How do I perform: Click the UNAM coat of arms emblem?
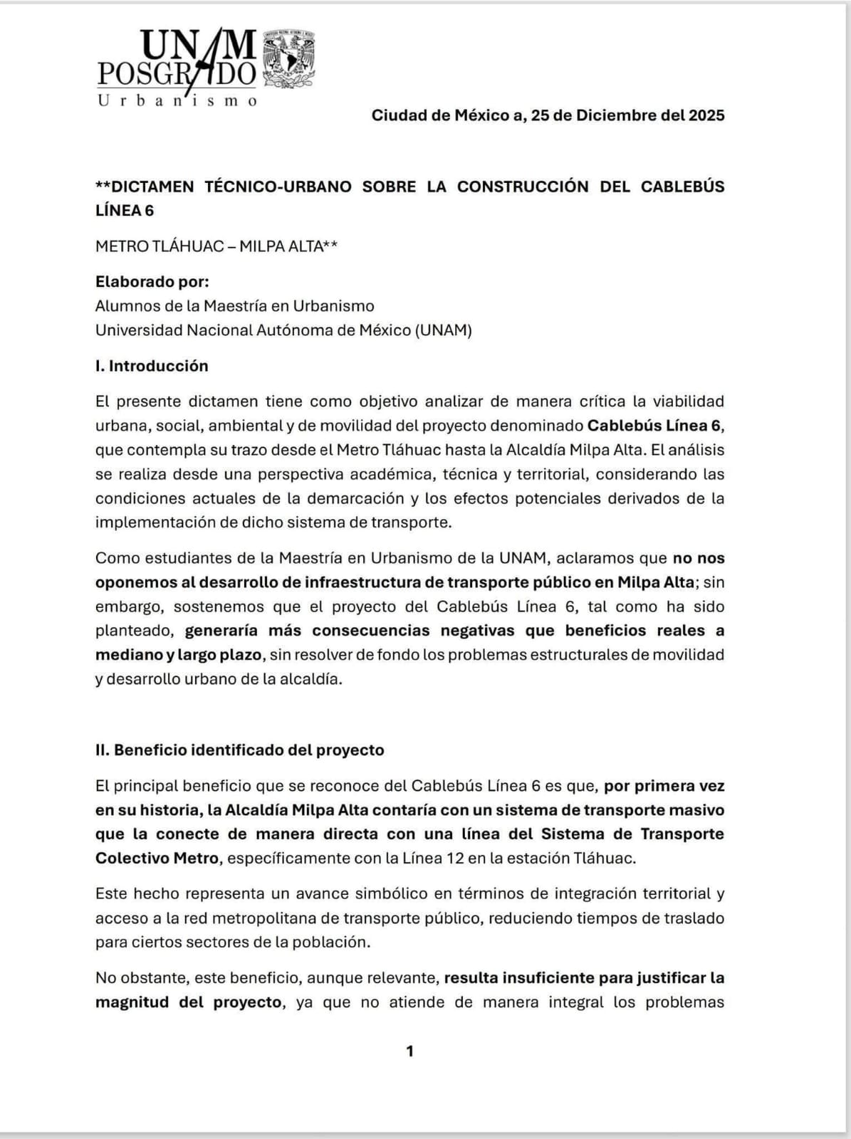(290, 59)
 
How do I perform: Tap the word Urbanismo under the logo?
(177, 100)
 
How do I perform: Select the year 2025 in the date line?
(706, 115)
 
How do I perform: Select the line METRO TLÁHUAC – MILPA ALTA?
(216, 246)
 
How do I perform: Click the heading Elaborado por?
(152, 282)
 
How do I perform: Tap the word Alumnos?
(124, 306)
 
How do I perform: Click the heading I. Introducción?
(152, 366)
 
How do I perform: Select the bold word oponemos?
(135, 582)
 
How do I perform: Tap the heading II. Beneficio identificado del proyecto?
(240, 750)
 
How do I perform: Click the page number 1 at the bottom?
(409, 1051)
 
